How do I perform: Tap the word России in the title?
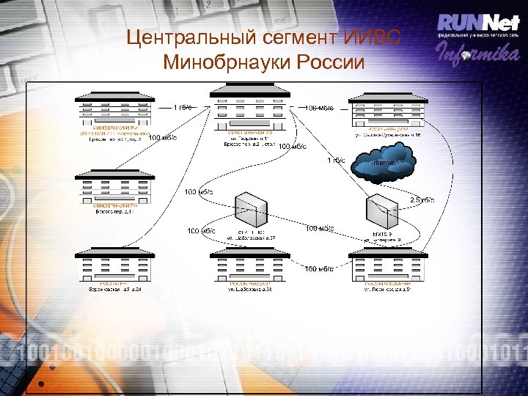pyautogui.click(x=330, y=62)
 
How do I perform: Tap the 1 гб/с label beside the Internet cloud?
pyautogui.click(x=337, y=161)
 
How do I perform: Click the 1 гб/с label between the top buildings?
pyautogui.click(x=183, y=107)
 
